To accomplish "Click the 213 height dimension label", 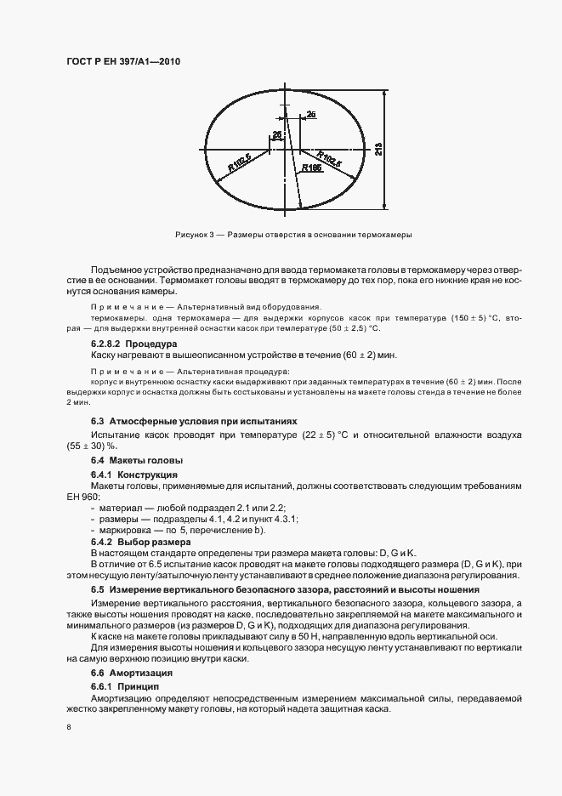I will pos(378,148).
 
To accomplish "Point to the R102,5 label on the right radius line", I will pos(329,158).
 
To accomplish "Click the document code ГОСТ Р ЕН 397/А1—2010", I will pos(122,62).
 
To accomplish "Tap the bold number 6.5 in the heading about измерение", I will pos(97,589).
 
